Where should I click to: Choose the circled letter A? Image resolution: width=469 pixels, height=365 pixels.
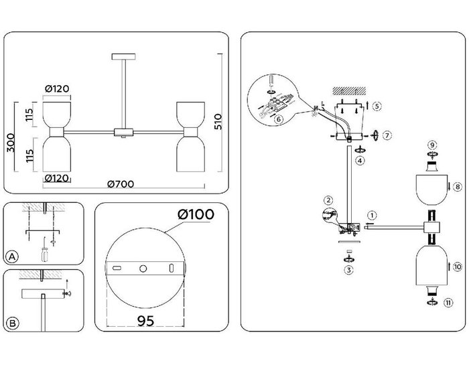pos(11,257)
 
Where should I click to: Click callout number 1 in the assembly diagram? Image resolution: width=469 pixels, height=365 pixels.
pos(371,215)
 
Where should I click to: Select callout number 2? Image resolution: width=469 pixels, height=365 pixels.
pos(328,200)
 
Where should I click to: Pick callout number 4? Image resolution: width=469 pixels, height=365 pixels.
pos(360,161)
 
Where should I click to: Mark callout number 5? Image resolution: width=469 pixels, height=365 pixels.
pos(378,106)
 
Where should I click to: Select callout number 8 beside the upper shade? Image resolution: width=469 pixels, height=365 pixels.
pos(457,187)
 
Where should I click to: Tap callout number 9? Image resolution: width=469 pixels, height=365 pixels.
pos(432,145)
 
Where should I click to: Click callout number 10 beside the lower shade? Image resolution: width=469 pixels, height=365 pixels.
pos(457,267)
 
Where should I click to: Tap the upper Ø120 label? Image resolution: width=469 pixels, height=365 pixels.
pos(58,88)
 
